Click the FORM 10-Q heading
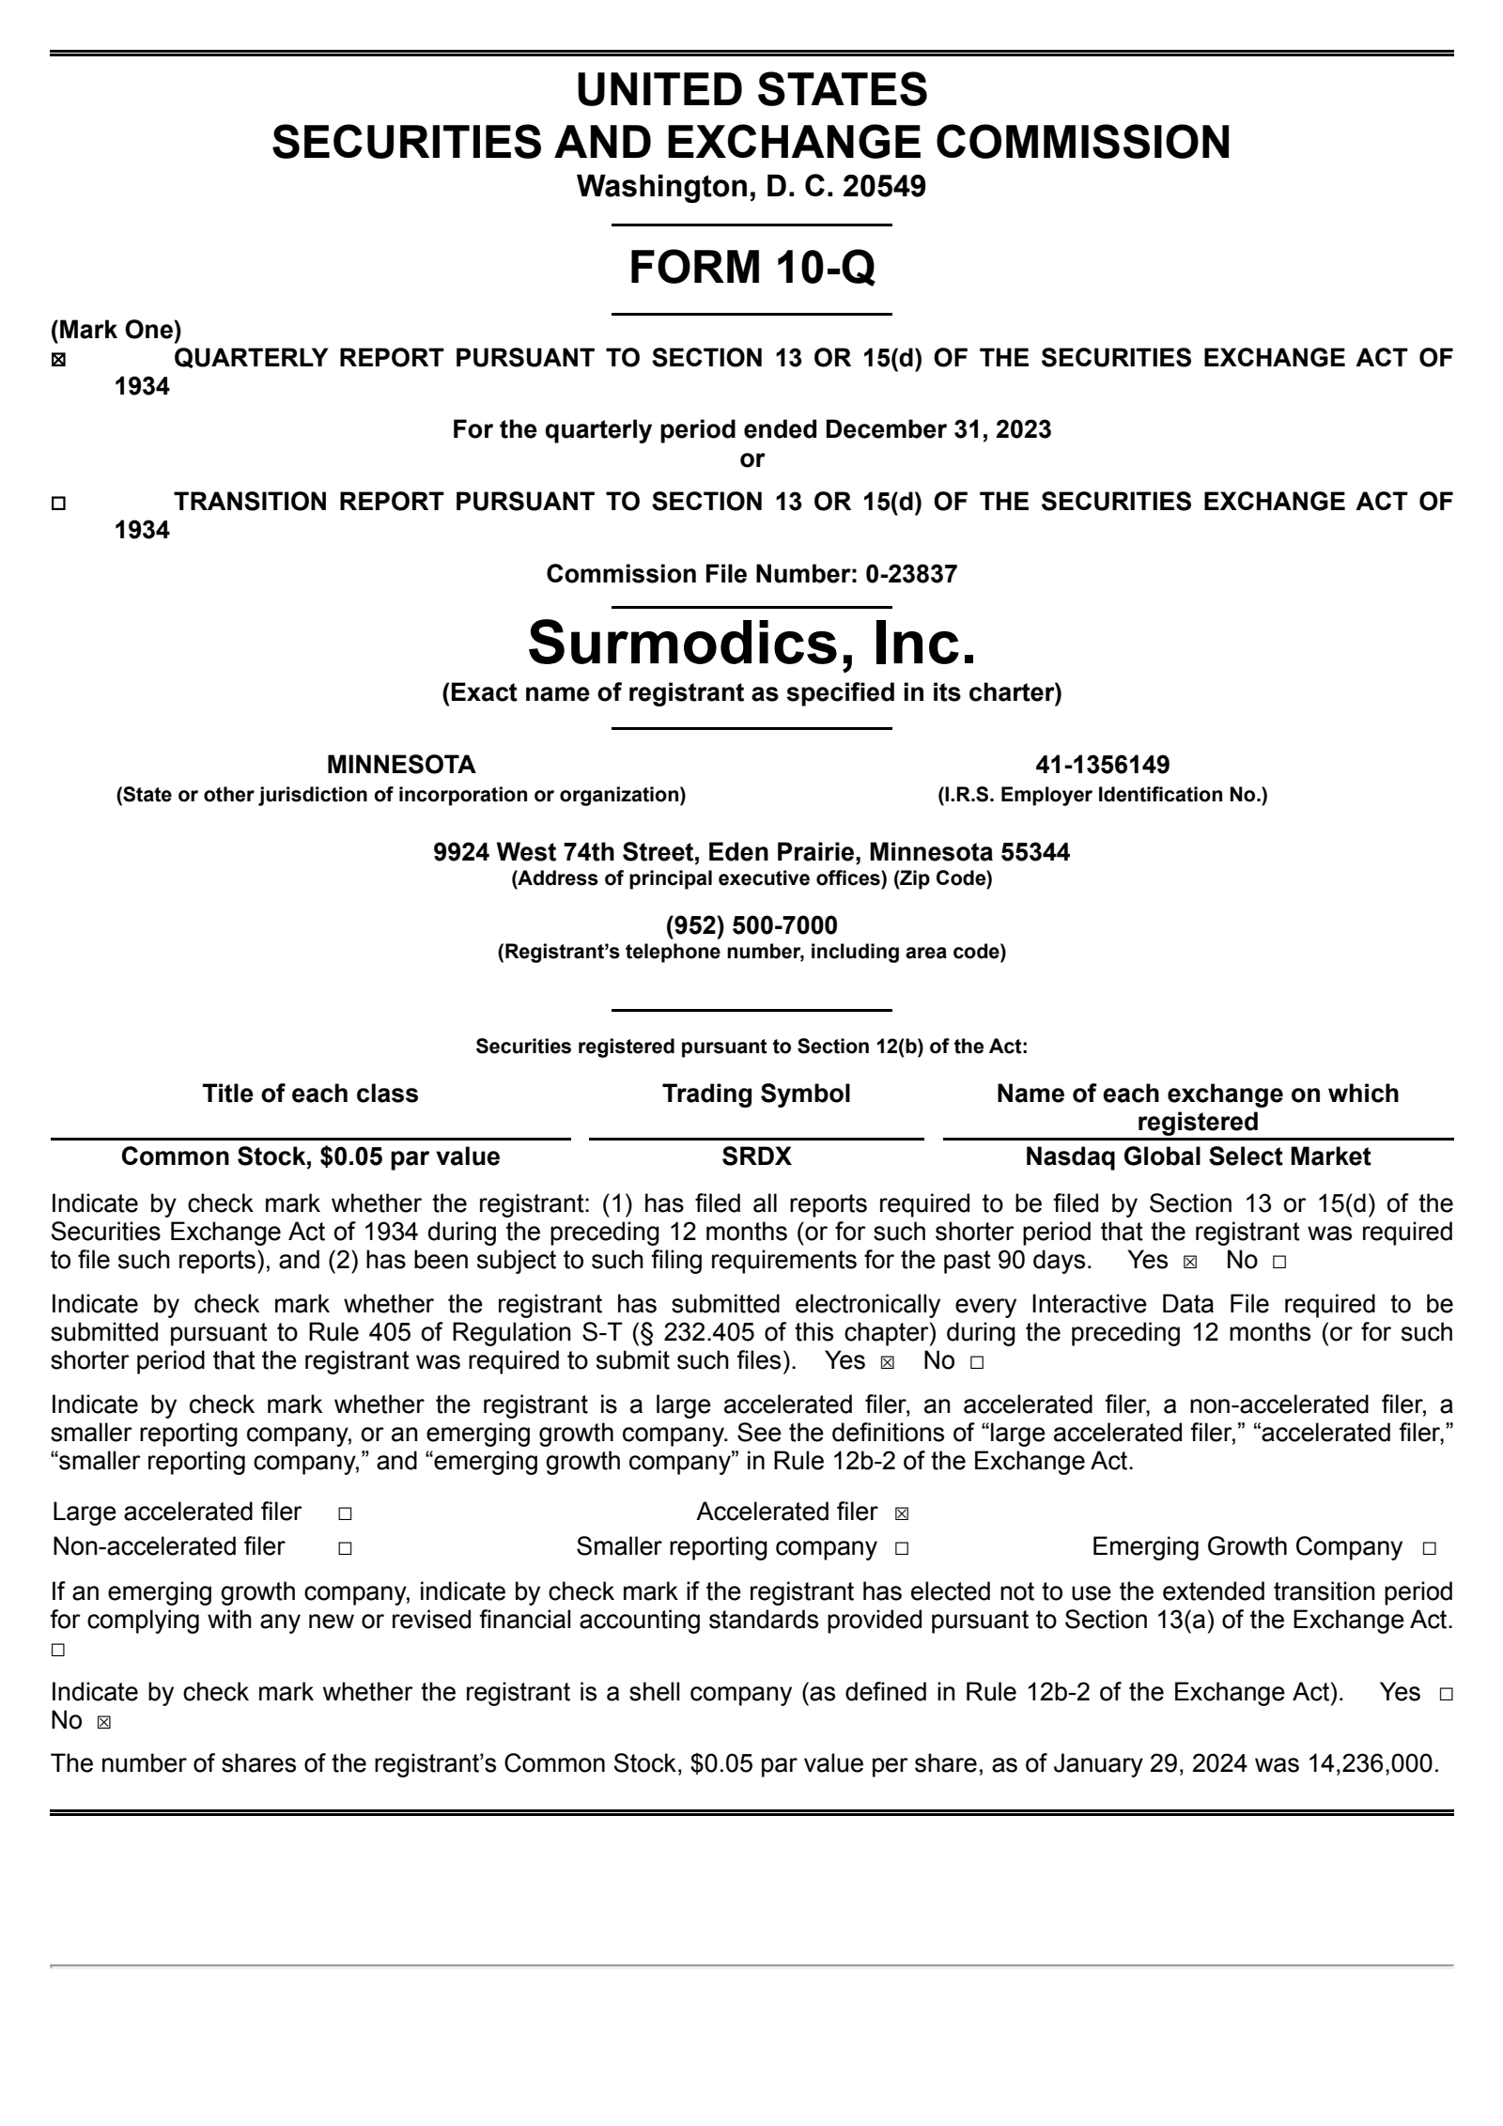coord(751,267)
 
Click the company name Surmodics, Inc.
coord(751,643)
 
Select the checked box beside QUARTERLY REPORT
coord(58,360)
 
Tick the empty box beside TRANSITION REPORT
coord(58,504)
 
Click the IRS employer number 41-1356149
coord(1102,765)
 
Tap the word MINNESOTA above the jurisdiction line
coord(401,765)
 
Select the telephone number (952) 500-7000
coord(751,925)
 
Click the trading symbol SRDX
coord(756,1156)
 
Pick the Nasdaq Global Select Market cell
coord(1198,1156)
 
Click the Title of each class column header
coord(310,1094)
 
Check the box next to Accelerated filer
coord(902,1513)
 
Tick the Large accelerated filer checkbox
coord(345,1513)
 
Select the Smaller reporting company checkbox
coord(902,1548)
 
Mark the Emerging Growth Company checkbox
coord(1429,1548)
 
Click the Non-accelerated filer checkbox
coord(345,1548)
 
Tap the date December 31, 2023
coord(937,430)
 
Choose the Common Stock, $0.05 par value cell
coord(310,1156)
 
